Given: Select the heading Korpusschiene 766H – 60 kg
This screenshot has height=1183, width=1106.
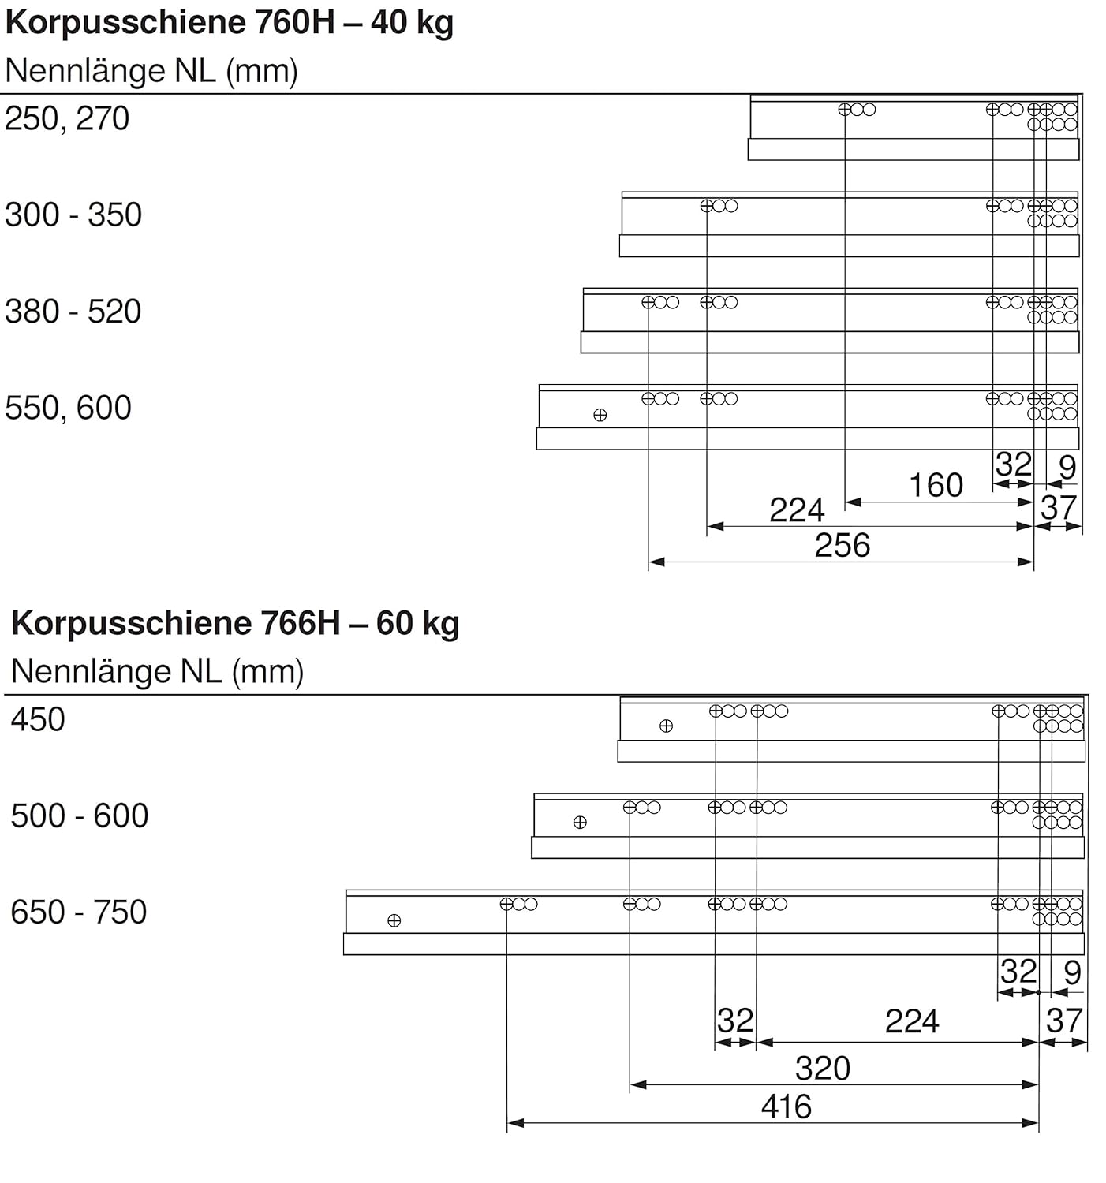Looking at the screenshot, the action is (x=235, y=624).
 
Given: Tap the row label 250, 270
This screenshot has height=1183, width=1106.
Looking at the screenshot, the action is (x=67, y=119).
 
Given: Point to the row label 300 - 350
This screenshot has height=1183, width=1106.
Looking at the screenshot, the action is (x=73, y=215).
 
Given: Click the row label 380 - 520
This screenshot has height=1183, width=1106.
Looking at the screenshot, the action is (x=73, y=312).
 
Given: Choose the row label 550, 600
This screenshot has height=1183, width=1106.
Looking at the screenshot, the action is (x=68, y=409).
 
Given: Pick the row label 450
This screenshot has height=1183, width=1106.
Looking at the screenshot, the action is (x=38, y=720).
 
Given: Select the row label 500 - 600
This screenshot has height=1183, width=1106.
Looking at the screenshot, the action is (x=80, y=816).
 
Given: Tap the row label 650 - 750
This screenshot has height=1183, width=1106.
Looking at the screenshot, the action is (x=79, y=912).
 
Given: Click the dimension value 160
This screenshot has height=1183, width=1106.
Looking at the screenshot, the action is (x=936, y=486).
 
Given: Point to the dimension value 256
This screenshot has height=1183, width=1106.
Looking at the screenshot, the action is (x=842, y=546).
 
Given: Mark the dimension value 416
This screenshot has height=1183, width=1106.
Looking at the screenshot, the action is (x=786, y=1107).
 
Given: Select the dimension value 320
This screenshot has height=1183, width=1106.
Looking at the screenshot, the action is (x=822, y=1069).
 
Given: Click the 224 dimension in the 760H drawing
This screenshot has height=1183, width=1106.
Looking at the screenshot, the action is (x=797, y=510).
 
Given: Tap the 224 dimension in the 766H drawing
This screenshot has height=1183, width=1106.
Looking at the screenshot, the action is (x=912, y=1022).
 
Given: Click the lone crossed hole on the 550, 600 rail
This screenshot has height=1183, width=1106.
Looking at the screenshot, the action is (x=600, y=415).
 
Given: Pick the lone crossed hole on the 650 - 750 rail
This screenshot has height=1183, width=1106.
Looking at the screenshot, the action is (x=394, y=920).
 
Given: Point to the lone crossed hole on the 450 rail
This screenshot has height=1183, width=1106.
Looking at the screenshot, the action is (x=666, y=726).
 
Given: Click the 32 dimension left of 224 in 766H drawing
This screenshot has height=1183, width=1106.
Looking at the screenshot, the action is (x=735, y=1022).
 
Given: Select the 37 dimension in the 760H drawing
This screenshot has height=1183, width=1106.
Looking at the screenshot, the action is (x=1058, y=508).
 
